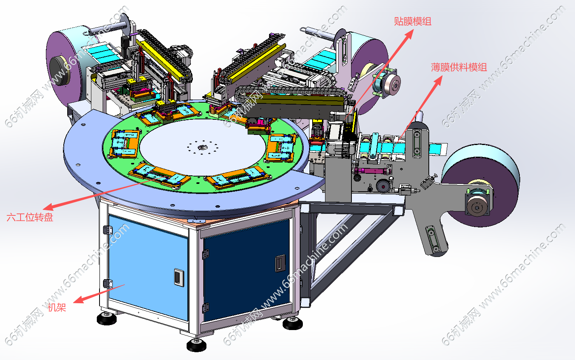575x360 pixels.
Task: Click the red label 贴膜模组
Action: click(x=412, y=21)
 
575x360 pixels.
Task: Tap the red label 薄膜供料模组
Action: click(x=459, y=67)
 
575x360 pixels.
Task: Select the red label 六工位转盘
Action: click(x=30, y=217)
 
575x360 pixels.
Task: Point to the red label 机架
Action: click(x=57, y=307)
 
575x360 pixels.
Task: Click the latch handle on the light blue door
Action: click(x=179, y=277)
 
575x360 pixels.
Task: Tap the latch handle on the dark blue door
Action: click(x=280, y=263)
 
